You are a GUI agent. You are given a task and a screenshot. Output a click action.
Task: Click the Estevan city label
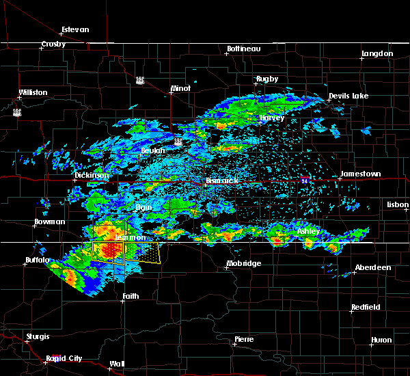75,30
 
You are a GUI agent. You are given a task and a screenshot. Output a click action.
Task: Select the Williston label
33,92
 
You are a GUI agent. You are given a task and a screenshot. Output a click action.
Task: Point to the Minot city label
180,89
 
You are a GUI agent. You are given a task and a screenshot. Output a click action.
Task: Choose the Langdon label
378,53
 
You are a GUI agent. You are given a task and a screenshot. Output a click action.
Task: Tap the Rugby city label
267,79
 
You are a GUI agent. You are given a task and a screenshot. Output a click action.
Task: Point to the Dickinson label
92,175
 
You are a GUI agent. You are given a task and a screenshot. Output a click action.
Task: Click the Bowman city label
50,222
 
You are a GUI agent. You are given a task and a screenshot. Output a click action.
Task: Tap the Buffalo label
36,260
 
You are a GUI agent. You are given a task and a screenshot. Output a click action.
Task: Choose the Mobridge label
244,263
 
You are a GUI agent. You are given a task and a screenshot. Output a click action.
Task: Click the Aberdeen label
374,267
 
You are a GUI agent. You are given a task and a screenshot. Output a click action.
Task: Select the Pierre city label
244,339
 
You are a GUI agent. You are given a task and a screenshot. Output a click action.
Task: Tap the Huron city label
381,340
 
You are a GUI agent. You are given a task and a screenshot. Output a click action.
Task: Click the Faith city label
131,296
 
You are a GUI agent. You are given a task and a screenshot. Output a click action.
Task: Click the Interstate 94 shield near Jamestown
303,180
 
